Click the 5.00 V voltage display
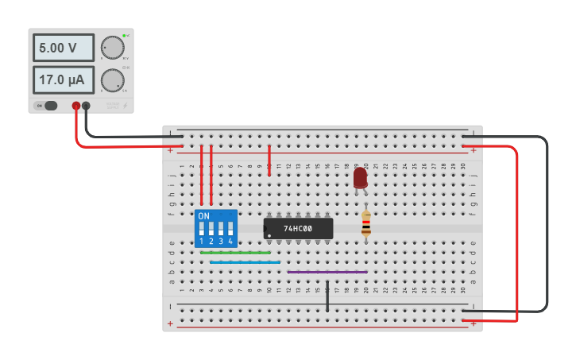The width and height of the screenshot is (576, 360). coord(63,48)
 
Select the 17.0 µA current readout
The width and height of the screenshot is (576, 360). coord(63,80)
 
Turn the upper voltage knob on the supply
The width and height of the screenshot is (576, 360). coord(113,48)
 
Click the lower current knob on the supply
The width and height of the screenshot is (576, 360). coord(113,80)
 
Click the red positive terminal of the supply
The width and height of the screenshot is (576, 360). coord(76,106)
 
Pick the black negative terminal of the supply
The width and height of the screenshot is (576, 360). coord(87,106)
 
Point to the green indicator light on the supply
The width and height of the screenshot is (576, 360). coord(125,37)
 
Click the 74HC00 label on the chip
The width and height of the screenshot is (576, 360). coord(298,229)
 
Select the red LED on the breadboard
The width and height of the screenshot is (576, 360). coord(360,177)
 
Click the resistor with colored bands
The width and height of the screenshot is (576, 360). coord(365,223)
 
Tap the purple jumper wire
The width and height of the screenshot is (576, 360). coord(327,272)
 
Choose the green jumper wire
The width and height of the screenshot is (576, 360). coord(235,253)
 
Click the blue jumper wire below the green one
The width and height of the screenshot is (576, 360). coord(245,262)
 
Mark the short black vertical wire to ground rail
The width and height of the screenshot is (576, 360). coord(327,296)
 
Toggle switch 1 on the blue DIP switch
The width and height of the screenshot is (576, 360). coord(202,229)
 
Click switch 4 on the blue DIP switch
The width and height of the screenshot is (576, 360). coord(230,229)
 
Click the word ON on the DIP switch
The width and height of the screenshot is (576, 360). coord(204,216)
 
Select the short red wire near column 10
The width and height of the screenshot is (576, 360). coord(269,159)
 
